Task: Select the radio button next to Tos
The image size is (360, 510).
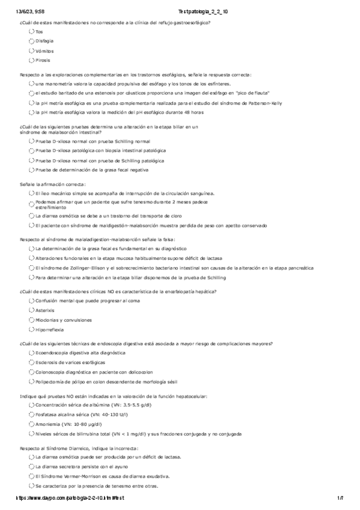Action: [31, 31]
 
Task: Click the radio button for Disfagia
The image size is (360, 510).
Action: [31, 41]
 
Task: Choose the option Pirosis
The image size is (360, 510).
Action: [31, 60]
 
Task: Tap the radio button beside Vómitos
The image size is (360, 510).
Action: [31, 51]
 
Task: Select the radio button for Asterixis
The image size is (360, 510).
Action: [31, 310]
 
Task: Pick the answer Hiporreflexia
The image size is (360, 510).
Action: [31, 330]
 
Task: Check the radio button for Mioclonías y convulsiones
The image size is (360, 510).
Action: [31, 320]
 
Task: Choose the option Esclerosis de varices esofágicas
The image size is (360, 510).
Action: [31, 363]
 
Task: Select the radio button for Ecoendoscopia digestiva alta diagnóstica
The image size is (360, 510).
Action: [31, 353]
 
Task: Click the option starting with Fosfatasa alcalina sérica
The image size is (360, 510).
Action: [31, 414]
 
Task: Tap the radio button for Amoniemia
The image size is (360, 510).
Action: [31, 424]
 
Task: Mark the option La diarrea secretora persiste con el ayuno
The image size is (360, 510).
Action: [31, 466]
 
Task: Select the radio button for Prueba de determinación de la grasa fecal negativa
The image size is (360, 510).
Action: [31, 170]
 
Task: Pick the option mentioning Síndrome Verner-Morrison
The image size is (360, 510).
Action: [31, 476]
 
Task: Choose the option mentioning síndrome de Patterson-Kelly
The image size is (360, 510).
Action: [31, 103]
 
